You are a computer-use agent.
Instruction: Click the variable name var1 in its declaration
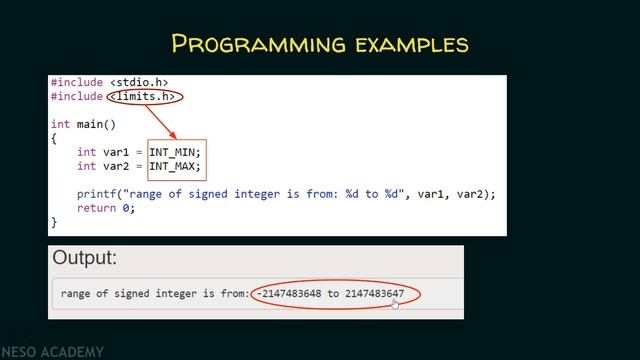click(x=117, y=152)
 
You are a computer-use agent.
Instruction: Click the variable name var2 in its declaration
click(x=117, y=166)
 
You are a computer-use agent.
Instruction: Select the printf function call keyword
click(x=97, y=194)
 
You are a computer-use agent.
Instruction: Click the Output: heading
click(x=85, y=258)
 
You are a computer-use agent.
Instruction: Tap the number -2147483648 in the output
click(x=291, y=294)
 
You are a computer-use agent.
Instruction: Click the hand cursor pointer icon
click(x=396, y=304)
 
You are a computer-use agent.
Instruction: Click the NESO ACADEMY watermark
click(x=52, y=352)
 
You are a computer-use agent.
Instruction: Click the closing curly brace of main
click(x=54, y=222)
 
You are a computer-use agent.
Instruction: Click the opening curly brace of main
click(x=54, y=138)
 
